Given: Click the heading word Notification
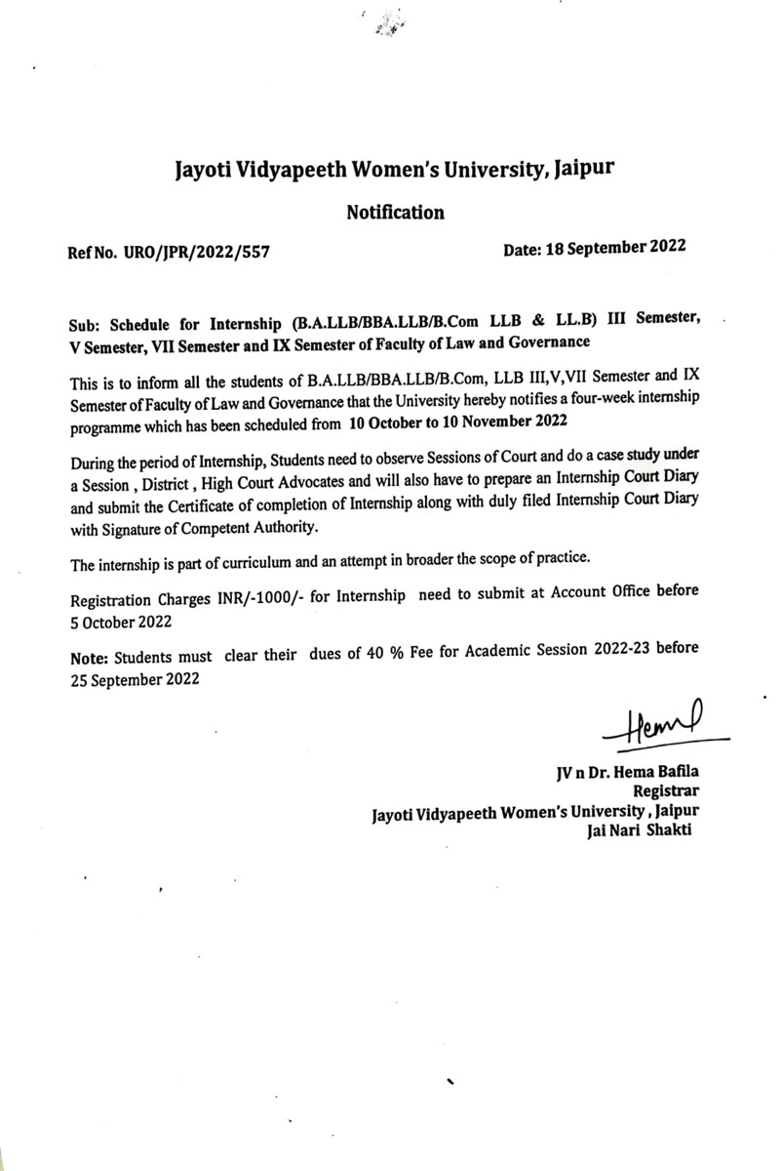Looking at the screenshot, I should [x=395, y=212].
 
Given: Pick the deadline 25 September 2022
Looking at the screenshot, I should [x=135, y=680].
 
